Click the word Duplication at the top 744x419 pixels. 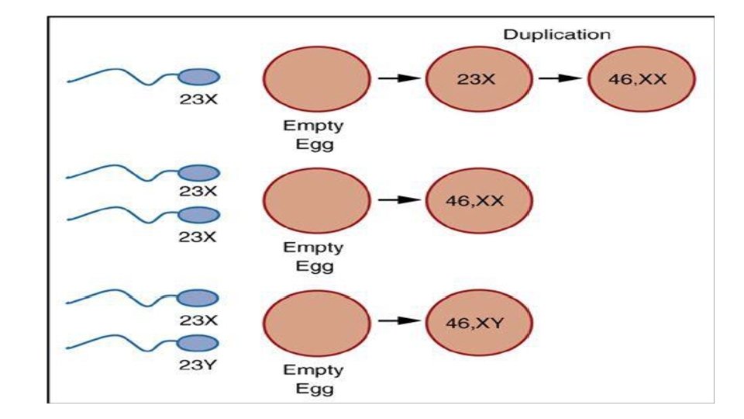[556, 35]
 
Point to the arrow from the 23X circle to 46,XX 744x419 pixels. [559, 78]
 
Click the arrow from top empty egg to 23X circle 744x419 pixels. [397, 78]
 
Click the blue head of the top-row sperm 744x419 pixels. [199, 76]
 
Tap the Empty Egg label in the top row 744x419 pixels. [314, 134]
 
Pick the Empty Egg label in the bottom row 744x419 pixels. [314, 378]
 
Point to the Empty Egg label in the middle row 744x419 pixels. [314, 257]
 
